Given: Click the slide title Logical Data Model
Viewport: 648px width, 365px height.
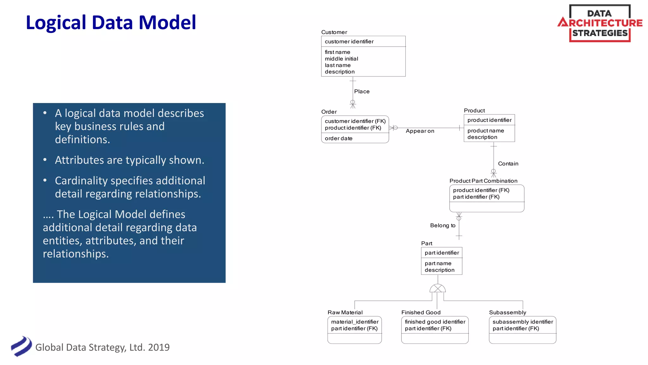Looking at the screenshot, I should (111, 22).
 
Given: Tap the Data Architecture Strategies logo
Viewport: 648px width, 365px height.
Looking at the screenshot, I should (600, 23).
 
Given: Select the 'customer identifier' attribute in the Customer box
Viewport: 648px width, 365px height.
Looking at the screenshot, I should (349, 42).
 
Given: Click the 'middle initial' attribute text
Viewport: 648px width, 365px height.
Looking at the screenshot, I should (341, 59).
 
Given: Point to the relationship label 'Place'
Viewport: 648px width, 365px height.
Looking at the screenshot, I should (362, 92).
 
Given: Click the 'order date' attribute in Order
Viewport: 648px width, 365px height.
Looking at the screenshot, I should (339, 138).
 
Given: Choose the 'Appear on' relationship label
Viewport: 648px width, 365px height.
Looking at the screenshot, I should (420, 131).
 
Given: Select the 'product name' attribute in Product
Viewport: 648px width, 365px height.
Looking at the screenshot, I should (486, 131).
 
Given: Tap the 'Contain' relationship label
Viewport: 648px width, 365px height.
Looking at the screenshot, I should (508, 164).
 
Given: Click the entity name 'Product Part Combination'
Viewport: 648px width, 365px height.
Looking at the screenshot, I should (483, 181).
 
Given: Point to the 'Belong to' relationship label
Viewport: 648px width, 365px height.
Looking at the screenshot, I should (443, 226).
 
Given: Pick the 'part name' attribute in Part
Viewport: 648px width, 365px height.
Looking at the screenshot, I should (438, 263).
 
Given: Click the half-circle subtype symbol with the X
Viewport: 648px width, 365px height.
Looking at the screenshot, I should (438, 288).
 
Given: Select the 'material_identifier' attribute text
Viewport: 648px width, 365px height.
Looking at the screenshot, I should (355, 322).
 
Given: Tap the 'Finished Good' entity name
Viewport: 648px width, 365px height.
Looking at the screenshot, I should (421, 312).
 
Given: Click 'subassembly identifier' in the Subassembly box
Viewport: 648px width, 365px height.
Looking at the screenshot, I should (523, 322).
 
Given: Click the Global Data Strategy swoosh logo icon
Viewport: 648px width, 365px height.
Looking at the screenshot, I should (21, 346).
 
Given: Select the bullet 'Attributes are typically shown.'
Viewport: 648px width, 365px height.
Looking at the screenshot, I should (129, 160).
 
